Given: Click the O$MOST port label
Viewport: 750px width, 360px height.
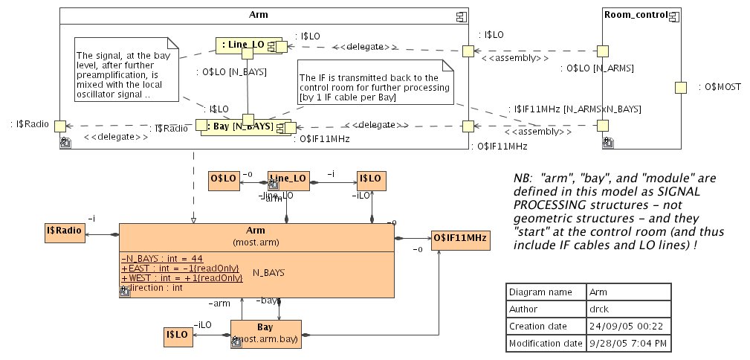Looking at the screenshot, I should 720,87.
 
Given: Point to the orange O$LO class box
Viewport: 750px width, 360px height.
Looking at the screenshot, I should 223,179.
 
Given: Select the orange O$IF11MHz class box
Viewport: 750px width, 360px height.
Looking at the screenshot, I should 459,238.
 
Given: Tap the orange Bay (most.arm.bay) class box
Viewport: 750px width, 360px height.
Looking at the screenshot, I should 265,333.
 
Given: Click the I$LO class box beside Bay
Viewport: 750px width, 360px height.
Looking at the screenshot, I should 178,337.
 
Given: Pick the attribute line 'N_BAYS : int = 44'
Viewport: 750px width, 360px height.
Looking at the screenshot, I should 152,258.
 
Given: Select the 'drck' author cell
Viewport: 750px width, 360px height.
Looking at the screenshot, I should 598,309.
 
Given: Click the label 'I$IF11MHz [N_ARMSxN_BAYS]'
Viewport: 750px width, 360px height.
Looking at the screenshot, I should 578,109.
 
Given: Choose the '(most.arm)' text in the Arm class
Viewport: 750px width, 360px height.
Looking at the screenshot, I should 256,242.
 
